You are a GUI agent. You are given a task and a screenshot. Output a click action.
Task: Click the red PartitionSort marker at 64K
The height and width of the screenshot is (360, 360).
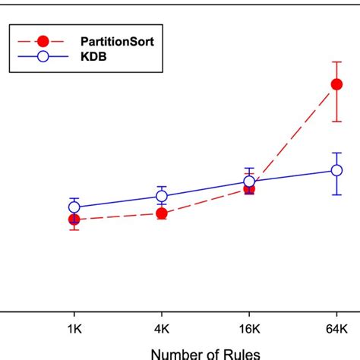coord(336,86)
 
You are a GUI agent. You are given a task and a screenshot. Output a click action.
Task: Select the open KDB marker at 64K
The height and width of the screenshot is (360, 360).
coord(336,171)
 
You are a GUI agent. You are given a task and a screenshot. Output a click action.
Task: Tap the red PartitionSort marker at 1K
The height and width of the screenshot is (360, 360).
coord(74,219)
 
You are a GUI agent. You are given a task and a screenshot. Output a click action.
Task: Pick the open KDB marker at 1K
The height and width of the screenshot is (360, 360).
coord(74,207)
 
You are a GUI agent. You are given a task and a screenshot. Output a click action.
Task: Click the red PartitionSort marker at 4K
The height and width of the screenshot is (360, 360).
coord(162,213)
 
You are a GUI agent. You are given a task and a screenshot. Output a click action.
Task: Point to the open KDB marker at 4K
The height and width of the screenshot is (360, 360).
coord(162,196)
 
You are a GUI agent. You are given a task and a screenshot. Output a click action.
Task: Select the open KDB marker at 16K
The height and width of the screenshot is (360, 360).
coord(249,182)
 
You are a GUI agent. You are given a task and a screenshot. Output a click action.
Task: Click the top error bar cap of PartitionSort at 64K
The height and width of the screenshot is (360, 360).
coord(336,61)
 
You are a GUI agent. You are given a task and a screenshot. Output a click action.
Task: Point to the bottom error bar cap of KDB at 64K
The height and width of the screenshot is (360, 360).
coord(336,194)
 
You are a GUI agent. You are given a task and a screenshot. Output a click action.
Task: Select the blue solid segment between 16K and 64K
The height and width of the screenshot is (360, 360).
coord(292,176)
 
